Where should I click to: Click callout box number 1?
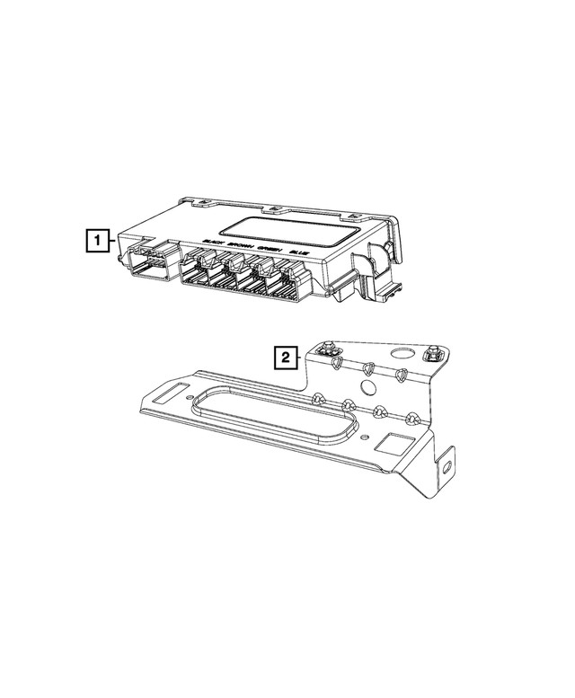[96, 240]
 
